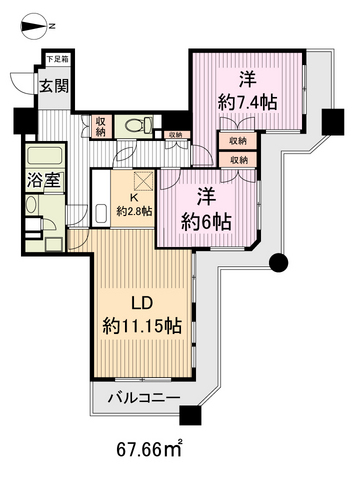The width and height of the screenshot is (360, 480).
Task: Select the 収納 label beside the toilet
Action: pyautogui.click(x=100, y=126)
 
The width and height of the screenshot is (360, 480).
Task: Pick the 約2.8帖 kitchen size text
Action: pyautogui.click(x=133, y=211)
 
